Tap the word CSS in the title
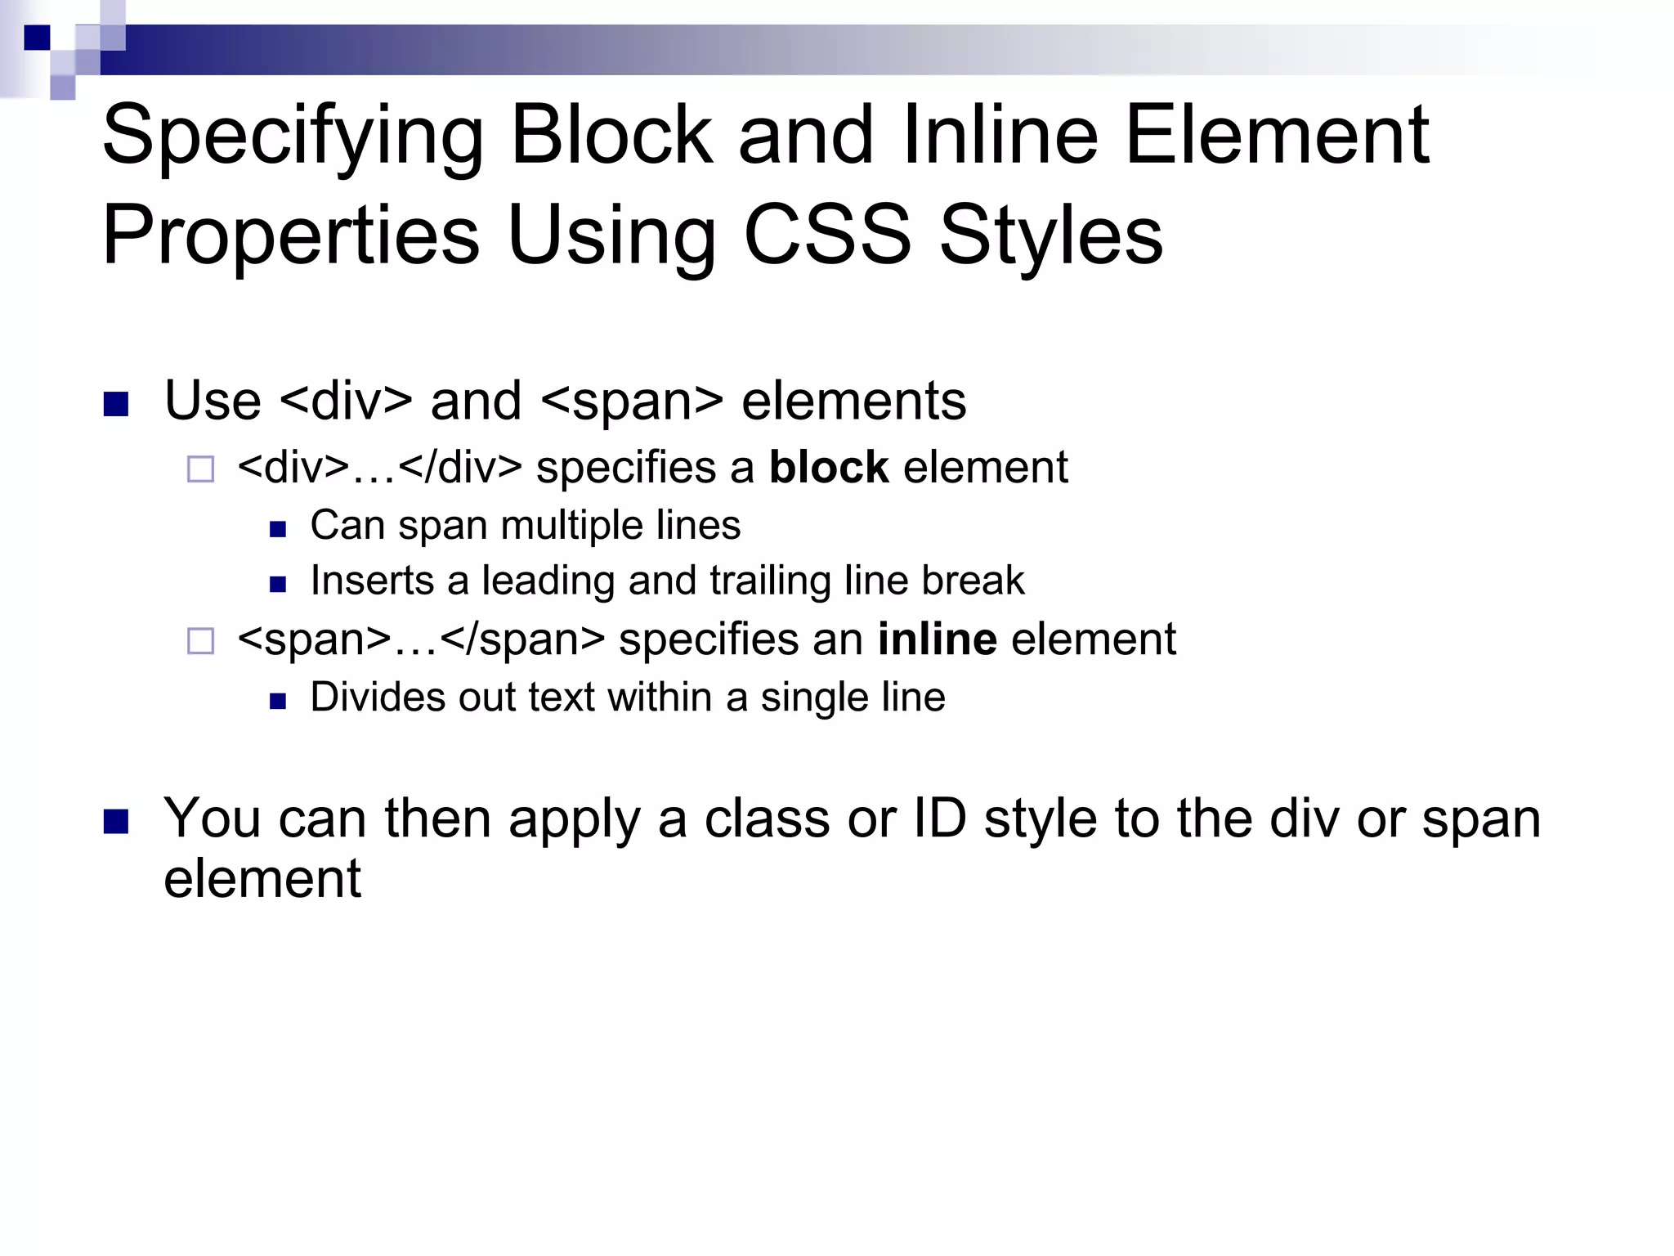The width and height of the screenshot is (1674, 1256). [826, 235]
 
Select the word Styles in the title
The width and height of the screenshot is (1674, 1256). [1051, 235]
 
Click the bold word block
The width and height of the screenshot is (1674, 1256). [828, 468]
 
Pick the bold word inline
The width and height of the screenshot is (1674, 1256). [937, 639]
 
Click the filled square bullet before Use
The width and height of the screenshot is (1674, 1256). [117, 404]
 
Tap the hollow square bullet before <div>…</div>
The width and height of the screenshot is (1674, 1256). [200, 469]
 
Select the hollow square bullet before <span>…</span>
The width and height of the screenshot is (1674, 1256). [200, 641]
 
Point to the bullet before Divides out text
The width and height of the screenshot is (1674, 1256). [278, 702]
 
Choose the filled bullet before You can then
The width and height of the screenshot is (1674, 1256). [117, 821]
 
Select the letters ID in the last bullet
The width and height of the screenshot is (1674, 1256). [939, 818]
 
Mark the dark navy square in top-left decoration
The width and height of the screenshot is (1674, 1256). [37, 38]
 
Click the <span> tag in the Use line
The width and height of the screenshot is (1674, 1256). [632, 401]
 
